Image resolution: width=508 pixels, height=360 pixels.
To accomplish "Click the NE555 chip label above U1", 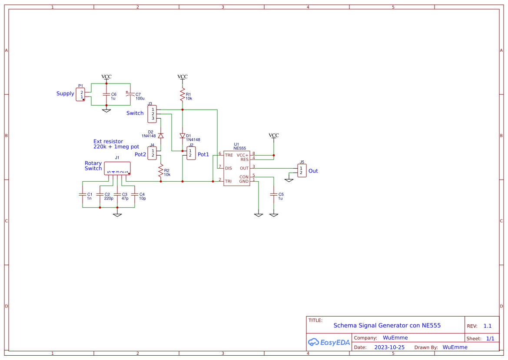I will pos(239,148).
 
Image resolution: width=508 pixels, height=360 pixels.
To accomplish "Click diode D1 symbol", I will pos(183,136).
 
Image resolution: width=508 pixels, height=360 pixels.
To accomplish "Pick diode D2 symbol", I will pos(161,136).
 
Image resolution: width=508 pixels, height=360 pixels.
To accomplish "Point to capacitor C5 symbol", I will pos(274,196).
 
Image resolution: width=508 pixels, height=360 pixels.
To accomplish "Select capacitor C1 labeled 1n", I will pos(83,196).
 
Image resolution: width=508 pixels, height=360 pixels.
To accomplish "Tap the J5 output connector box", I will pos(302,170).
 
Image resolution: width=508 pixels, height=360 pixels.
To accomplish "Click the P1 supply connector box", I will pos(80,94).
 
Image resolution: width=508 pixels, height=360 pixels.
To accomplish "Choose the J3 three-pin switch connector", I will pos(152,114).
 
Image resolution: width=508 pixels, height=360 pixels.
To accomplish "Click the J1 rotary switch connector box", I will pos(117,168).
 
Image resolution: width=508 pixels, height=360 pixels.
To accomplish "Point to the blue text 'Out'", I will pos(313,171).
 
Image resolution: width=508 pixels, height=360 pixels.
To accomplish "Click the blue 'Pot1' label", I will pos(203,154).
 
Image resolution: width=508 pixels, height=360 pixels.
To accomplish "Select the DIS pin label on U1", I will pos(229,168).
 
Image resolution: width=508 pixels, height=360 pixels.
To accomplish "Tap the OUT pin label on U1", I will pos(244,168).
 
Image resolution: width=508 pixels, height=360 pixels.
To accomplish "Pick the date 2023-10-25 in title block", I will pos(389,347).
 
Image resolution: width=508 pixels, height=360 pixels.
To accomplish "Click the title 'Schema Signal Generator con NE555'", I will pos(387,325).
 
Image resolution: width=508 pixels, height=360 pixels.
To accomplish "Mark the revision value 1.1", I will pos(487,326).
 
